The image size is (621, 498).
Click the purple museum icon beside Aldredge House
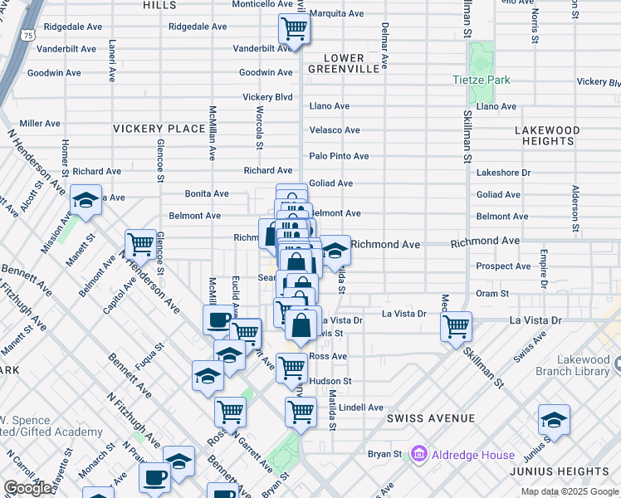(x=418, y=454)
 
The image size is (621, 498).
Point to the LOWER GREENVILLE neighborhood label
(x=344, y=63)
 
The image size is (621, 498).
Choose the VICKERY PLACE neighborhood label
(x=159, y=129)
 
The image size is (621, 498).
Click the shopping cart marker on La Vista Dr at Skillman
(x=456, y=326)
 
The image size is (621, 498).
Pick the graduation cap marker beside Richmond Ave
(x=335, y=251)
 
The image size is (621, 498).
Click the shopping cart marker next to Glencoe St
(x=140, y=244)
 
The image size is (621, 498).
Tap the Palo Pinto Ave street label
(x=339, y=156)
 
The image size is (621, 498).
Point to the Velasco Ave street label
(x=335, y=130)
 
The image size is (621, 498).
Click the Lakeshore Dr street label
(x=503, y=173)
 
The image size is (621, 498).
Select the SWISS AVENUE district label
(x=430, y=418)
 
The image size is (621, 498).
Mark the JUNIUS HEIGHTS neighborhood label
(x=573, y=471)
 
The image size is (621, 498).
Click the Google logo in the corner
(x=28, y=488)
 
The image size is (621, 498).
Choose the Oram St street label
(x=492, y=293)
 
